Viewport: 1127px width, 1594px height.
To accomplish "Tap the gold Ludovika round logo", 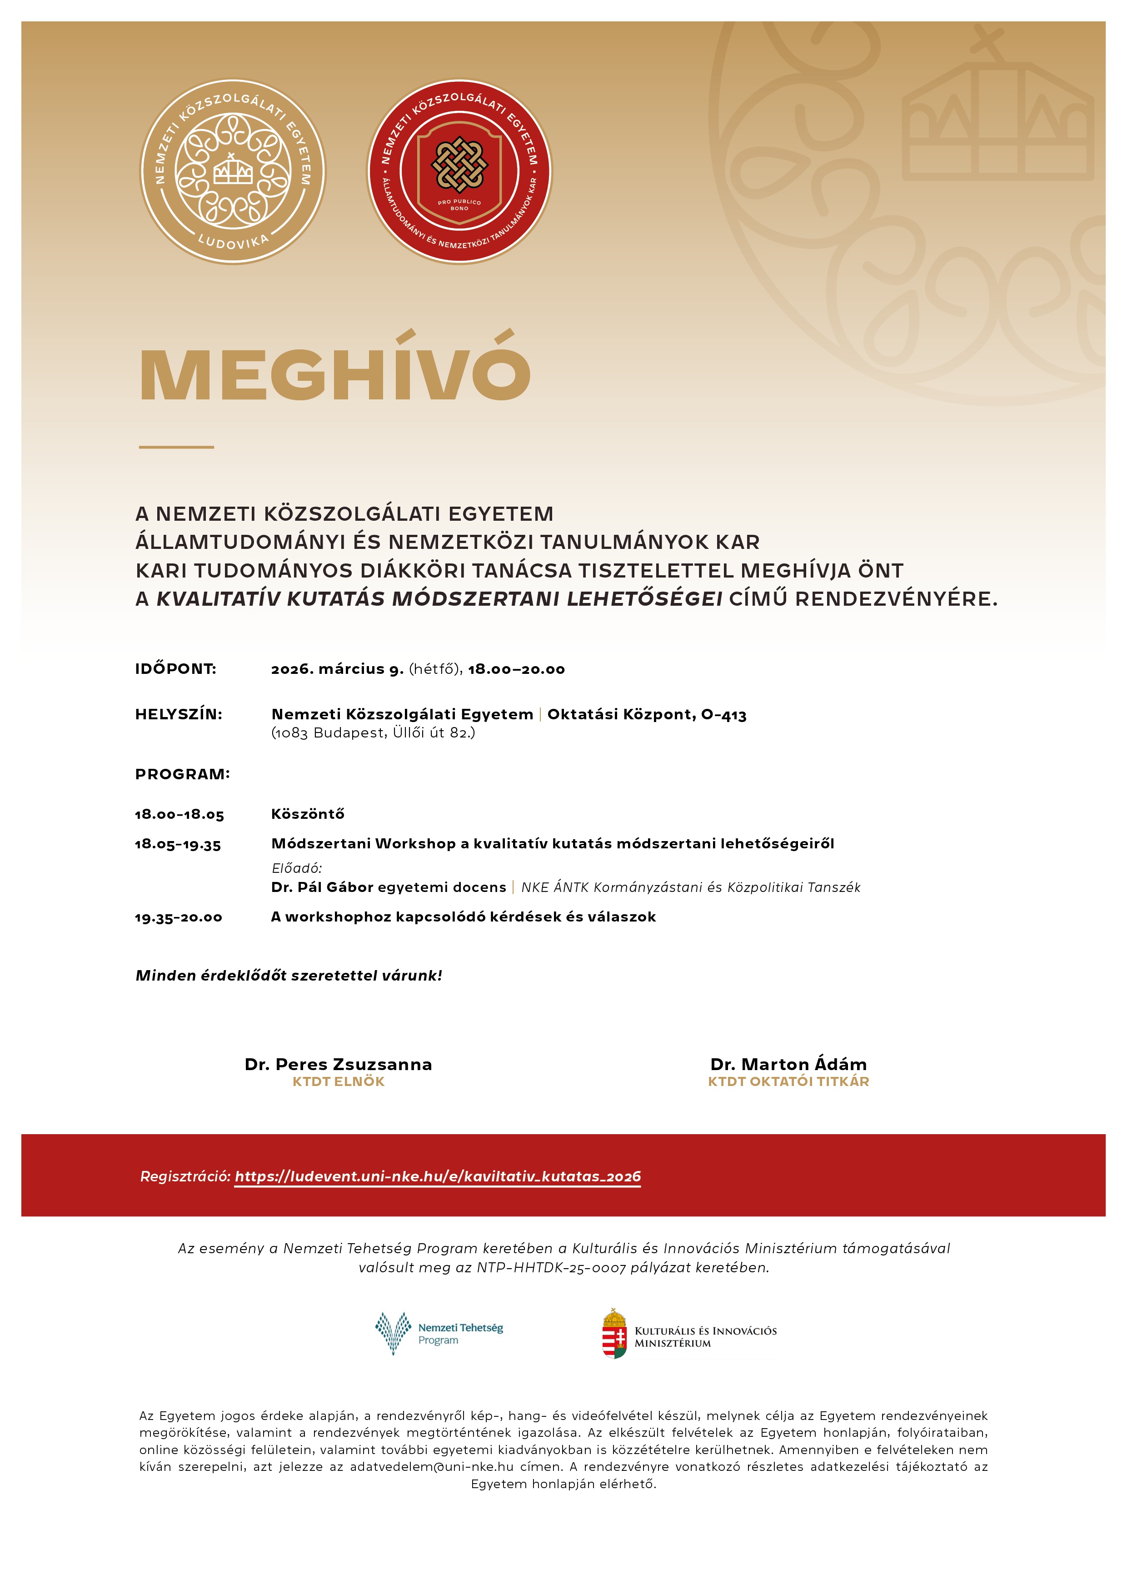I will click(233, 171).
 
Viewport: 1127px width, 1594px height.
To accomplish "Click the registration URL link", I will click(438, 1176).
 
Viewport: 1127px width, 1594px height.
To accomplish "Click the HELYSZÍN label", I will click(179, 714).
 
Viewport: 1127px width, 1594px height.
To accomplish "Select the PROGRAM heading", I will click(182, 774).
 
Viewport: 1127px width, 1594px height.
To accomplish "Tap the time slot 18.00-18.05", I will click(179, 814).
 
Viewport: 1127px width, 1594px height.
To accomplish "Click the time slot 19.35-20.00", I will click(179, 917).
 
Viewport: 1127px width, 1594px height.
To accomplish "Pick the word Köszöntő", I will click(308, 814).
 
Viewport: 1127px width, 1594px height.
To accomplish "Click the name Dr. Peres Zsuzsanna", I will click(338, 1064).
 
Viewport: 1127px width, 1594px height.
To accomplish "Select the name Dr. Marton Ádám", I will click(788, 1064).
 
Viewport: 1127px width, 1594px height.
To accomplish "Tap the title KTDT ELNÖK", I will click(338, 1081).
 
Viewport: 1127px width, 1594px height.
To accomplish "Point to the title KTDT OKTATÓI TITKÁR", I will click(788, 1081).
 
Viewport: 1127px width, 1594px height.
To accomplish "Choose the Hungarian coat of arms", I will click(614, 1333).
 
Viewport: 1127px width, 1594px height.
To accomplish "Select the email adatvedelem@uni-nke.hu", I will click(431, 1466).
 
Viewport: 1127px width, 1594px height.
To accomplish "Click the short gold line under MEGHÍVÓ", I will click(176, 447).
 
